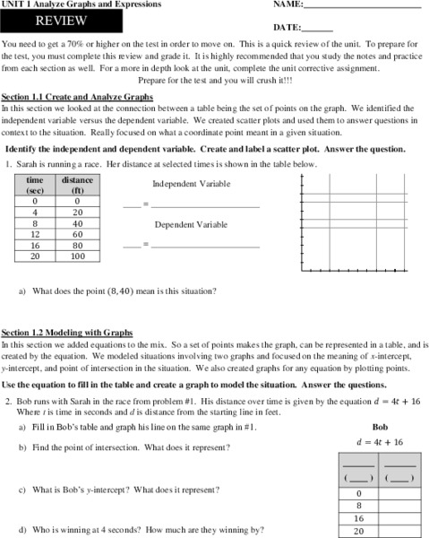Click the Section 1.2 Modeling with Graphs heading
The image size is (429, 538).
(x=67, y=332)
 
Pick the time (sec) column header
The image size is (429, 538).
(x=35, y=185)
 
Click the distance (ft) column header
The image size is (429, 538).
(x=77, y=185)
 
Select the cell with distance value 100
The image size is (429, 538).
(x=77, y=256)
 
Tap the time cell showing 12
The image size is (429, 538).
(x=35, y=232)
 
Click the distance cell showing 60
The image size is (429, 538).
(x=77, y=232)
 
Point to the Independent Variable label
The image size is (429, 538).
(x=191, y=184)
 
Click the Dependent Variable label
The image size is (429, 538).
(x=191, y=224)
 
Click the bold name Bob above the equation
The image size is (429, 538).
(x=380, y=428)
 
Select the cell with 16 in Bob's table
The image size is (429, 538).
(x=359, y=517)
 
